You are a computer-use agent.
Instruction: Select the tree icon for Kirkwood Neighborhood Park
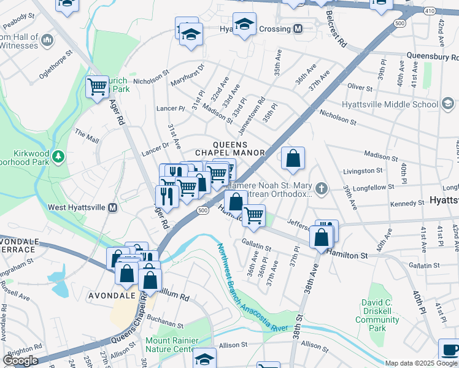[x=59, y=158]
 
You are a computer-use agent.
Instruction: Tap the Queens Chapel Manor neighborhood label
[x=230, y=148]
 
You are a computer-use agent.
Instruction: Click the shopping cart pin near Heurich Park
[x=97, y=87]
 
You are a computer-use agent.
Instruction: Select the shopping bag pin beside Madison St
[x=294, y=158]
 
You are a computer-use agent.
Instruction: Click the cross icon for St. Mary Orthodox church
[x=321, y=187]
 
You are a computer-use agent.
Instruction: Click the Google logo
[x=20, y=360]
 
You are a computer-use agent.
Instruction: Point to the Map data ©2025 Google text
[x=421, y=363]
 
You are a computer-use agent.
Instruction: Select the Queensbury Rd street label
[x=432, y=56]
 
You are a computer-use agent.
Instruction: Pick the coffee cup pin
[x=449, y=350]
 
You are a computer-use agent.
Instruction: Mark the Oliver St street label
[x=360, y=86]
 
